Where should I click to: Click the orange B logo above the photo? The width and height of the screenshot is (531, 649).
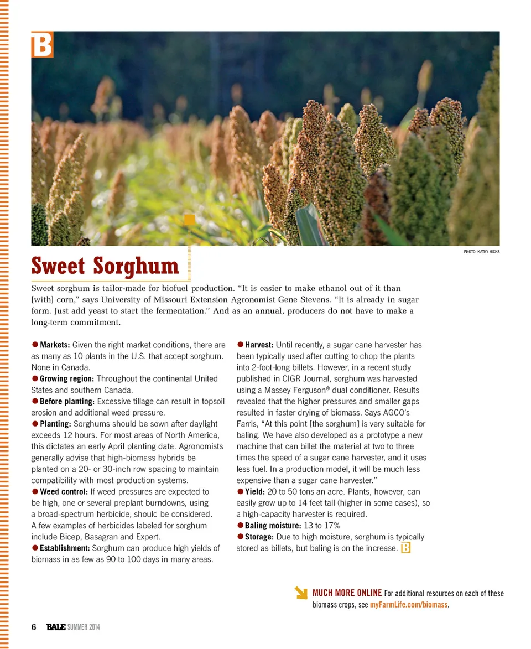[x=42, y=45]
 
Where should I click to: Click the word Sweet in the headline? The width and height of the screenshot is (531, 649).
[x=58, y=266]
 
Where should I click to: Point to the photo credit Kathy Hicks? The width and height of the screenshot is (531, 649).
[x=481, y=252]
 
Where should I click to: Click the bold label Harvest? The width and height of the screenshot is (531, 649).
[x=259, y=345]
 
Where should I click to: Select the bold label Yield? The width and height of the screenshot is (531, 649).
[x=254, y=491]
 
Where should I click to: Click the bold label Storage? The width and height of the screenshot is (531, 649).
[x=259, y=537]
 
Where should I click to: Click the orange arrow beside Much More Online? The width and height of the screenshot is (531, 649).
[x=301, y=593]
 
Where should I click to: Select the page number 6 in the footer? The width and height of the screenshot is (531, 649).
[x=34, y=627]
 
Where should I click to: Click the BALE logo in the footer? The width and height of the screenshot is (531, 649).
[x=56, y=627]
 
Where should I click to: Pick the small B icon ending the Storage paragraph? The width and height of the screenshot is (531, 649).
[x=405, y=548]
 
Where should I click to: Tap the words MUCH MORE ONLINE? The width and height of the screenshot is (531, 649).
[x=347, y=593]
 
